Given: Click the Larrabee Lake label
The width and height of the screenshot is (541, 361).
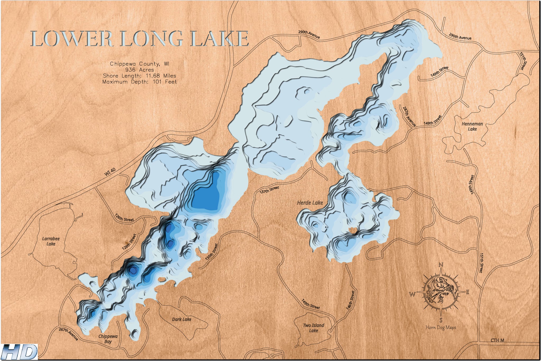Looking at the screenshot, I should point(51,241).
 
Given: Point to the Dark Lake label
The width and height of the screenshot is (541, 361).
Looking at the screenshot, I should point(181,319).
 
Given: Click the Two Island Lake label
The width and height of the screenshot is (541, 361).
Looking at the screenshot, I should point(313,328).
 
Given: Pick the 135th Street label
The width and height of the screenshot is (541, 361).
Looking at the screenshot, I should point(211,253).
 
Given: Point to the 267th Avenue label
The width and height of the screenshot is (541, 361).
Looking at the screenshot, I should point(68,334).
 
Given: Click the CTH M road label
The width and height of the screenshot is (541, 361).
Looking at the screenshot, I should point(497,340).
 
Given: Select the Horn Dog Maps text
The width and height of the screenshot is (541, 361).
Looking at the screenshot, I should point(441,327).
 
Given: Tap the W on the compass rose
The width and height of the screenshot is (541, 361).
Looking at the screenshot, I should point(412,294).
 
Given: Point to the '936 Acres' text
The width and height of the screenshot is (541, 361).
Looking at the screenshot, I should point(140,70).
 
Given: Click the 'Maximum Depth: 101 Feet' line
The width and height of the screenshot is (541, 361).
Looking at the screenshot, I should point(140,82).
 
